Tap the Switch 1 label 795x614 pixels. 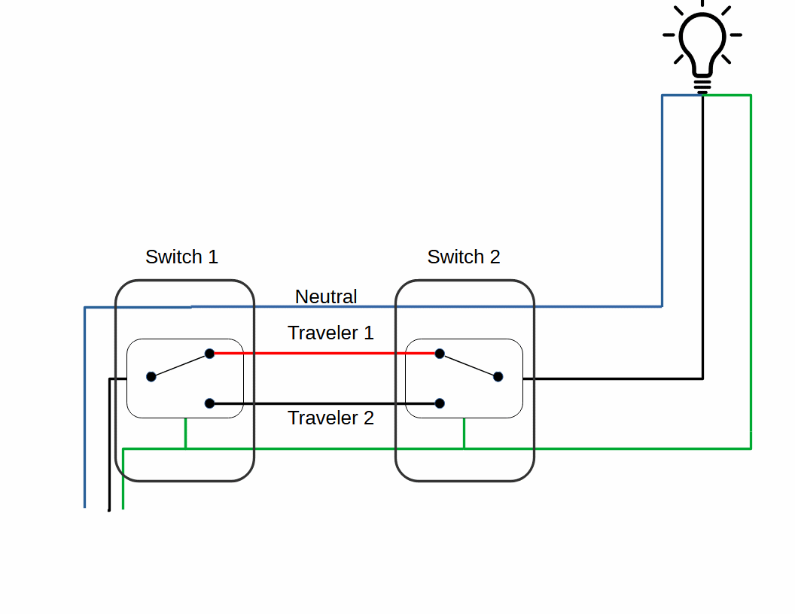coord(181,257)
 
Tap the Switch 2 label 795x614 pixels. coord(464,257)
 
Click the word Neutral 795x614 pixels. coord(326,297)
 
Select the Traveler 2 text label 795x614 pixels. coord(330,418)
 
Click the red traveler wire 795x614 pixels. coord(324,353)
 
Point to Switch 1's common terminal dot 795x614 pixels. coord(151,376)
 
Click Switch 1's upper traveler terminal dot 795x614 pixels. coord(210,353)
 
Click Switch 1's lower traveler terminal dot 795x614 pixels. coord(210,403)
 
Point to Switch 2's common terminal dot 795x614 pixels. coord(498,376)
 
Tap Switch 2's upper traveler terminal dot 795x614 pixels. coord(440,354)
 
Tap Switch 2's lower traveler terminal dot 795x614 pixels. coord(440,403)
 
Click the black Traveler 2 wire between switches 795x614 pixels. coord(324,404)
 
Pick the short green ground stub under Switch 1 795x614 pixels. coord(185,433)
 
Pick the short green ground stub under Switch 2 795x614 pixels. coord(464,433)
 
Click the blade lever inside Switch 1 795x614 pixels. coord(181,365)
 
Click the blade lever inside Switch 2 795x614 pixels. coord(468,365)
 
